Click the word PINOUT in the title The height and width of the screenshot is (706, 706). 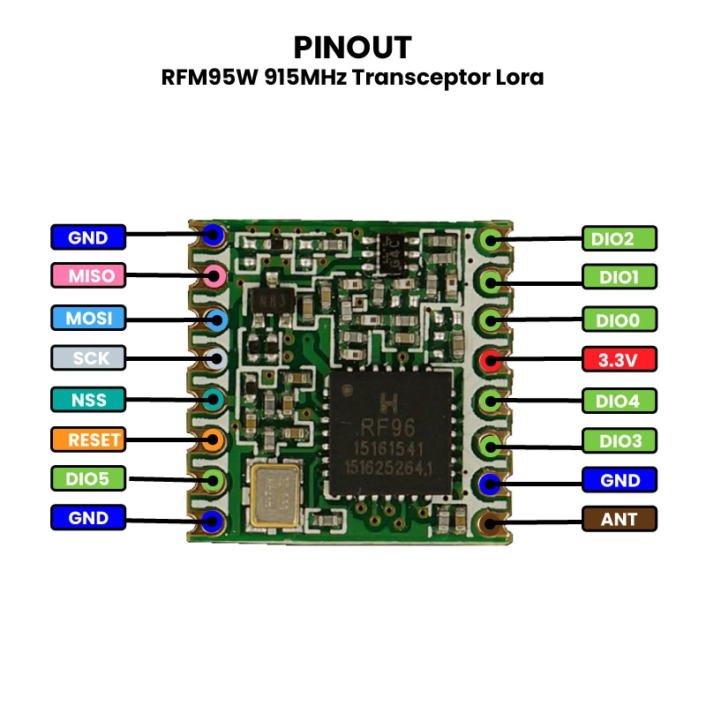352,47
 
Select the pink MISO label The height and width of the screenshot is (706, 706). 88,276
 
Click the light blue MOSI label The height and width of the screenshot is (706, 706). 88,317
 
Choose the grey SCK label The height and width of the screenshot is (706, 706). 88,358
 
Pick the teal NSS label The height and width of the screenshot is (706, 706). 88,400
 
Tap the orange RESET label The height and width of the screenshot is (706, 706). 88,439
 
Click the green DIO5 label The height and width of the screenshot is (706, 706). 88,479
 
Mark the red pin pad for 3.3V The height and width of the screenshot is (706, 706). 491,360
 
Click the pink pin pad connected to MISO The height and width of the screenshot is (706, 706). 214,276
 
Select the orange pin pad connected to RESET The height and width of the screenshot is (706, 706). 213,439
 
